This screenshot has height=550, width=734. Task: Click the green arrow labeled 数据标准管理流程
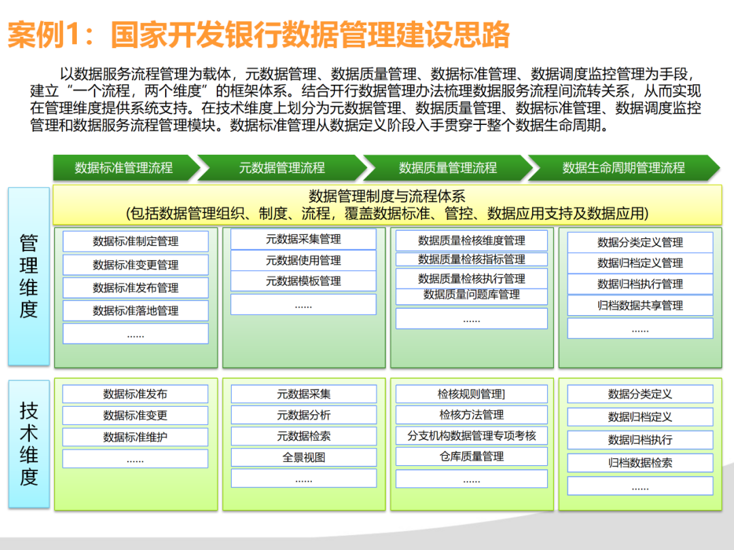click(x=124, y=168)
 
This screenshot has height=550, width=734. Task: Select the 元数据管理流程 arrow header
click(x=282, y=168)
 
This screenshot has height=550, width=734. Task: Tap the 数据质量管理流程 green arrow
click(x=447, y=168)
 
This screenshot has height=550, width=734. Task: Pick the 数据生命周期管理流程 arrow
click(x=623, y=168)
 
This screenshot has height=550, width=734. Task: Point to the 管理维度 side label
click(x=29, y=276)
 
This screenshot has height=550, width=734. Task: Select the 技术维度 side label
click(x=29, y=443)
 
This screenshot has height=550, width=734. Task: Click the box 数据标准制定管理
click(x=135, y=242)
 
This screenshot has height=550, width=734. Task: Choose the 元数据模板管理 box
click(x=303, y=281)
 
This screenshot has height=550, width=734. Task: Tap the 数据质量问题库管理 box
click(x=472, y=295)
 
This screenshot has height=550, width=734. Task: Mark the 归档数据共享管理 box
click(x=640, y=306)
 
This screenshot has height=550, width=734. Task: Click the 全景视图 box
click(x=303, y=457)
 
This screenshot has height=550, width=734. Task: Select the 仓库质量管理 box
click(x=472, y=456)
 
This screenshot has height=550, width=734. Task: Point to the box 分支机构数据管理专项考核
click(x=472, y=436)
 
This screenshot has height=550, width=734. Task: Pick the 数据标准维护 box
click(x=135, y=437)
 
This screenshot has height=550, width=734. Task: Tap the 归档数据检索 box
click(x=640, y=463)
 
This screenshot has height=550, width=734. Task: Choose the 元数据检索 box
click(x=303, y=436)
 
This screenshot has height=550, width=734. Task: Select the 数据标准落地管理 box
click(x=135, y=311)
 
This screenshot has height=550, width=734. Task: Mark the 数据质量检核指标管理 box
click(x=472, y=259)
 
